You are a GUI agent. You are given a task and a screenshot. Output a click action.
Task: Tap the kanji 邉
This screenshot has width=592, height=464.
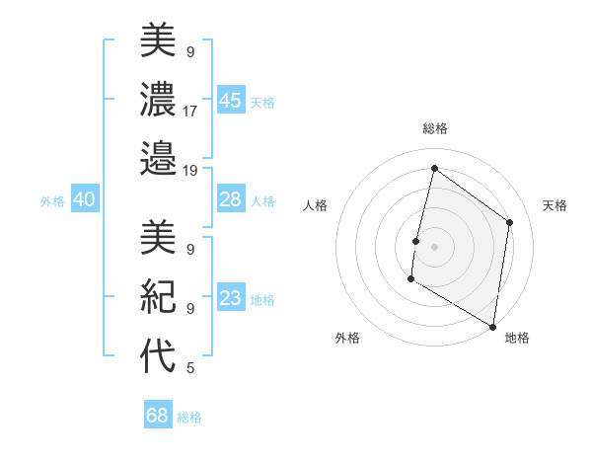point(158,157)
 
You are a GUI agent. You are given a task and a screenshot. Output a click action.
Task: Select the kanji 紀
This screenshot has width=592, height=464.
point(158,295)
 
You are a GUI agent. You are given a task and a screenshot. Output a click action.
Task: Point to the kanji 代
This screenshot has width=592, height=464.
point(158,354)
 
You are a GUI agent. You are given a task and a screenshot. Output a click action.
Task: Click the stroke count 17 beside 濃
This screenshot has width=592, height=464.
point(190,111)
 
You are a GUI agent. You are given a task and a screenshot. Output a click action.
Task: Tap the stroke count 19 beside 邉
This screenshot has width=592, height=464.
point(190,170)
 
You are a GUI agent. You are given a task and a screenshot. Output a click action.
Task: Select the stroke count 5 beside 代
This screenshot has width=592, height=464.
point(189,368)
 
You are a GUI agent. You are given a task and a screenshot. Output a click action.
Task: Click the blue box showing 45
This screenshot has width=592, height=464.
point(230,101)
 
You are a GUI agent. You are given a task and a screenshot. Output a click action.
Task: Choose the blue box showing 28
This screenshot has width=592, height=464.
point(230,199)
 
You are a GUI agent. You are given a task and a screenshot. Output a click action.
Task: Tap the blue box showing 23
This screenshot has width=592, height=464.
point(230,298)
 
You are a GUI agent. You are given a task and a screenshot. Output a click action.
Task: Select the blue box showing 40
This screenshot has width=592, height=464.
point(84,199)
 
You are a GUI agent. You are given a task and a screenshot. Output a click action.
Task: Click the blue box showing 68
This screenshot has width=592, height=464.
point(157,416)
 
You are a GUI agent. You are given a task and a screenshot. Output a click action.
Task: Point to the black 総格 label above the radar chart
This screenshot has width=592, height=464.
point(435,129)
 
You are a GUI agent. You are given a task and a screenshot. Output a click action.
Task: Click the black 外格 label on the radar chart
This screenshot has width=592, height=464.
point(347,338)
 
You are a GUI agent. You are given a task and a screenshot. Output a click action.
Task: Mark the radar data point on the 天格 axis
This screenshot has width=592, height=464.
point(510,222)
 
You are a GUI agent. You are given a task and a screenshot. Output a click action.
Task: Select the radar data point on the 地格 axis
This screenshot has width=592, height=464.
point(492,326)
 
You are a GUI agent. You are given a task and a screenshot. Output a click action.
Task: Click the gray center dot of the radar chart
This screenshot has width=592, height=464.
point(434,247)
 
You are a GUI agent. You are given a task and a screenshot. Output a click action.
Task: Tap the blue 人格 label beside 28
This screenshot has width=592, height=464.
point(262,200)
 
